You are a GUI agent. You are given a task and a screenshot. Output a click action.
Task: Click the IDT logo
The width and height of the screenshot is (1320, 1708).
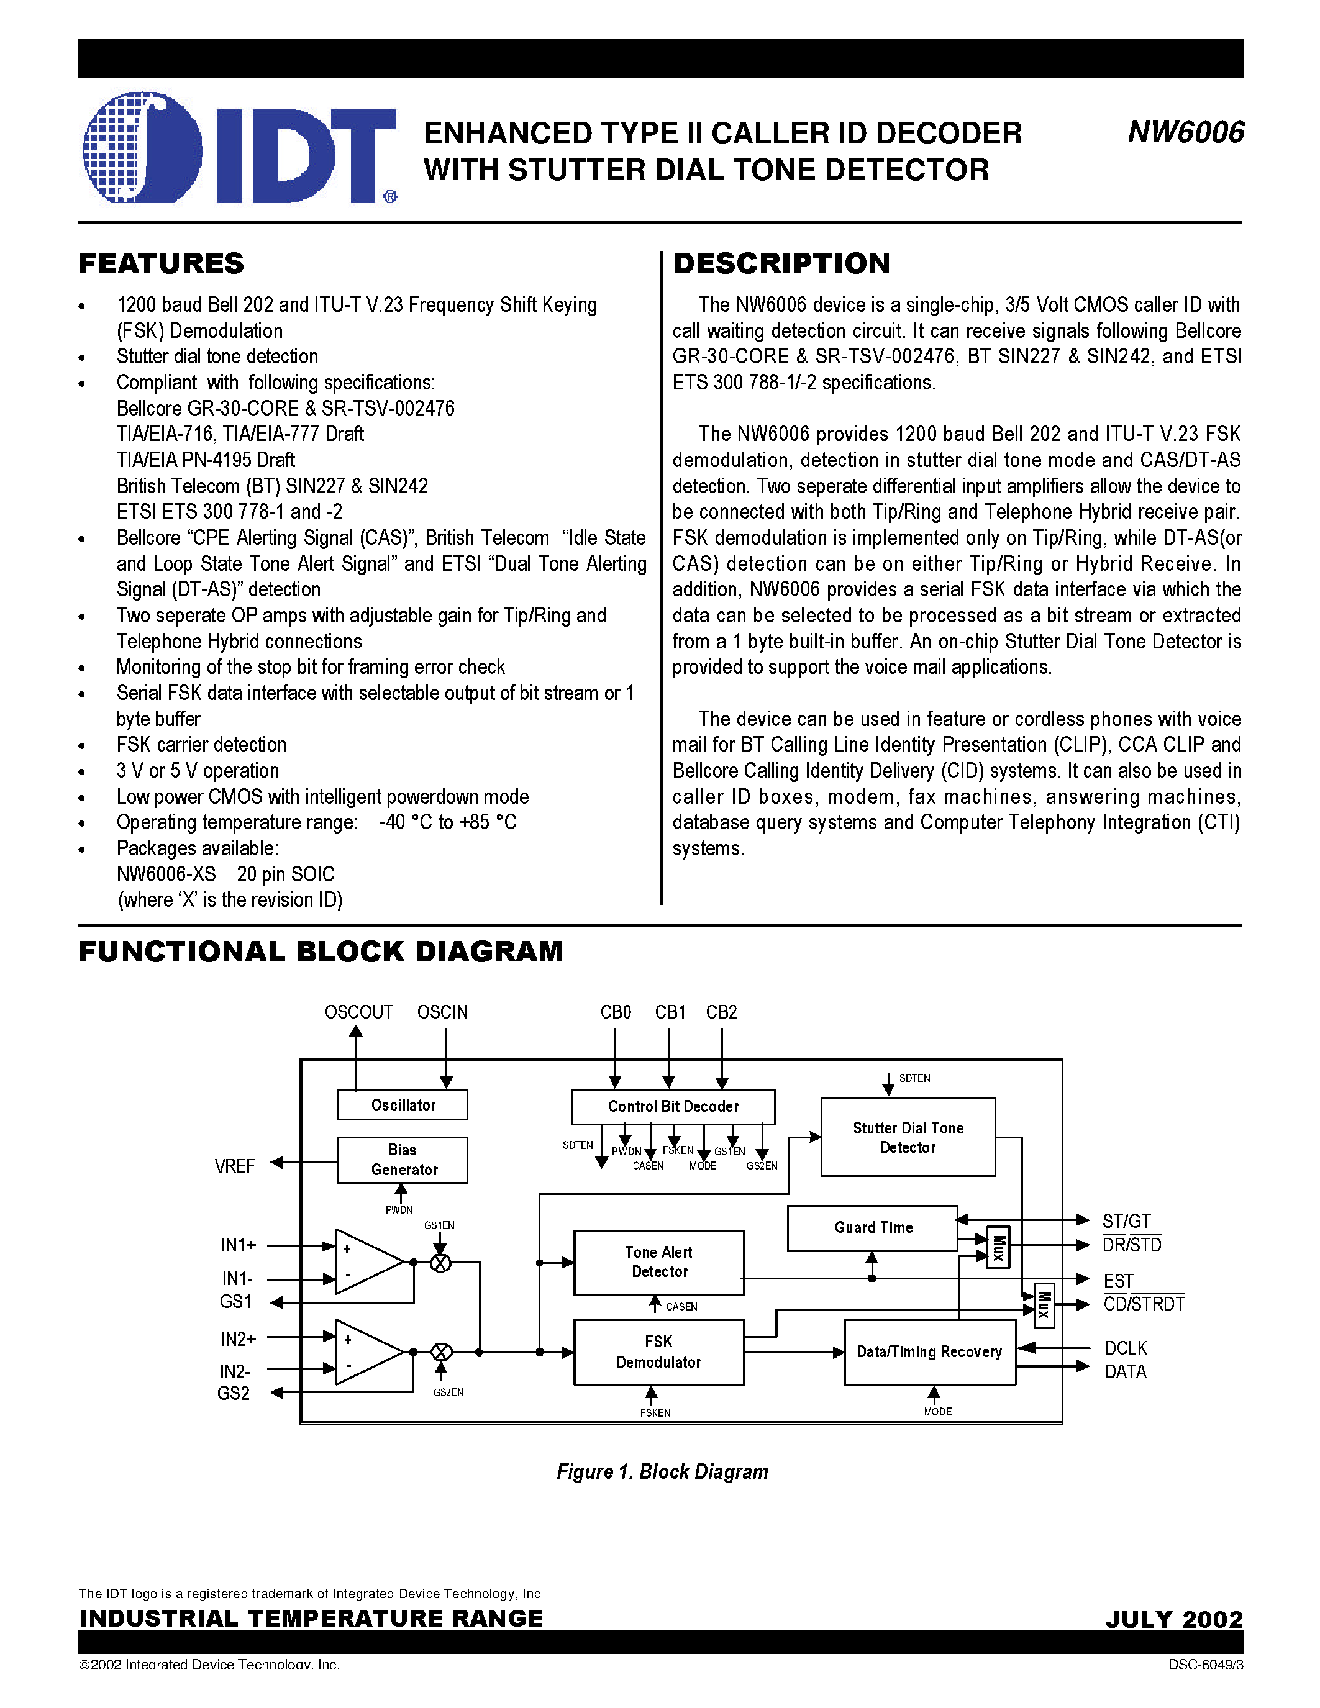pos(239,148)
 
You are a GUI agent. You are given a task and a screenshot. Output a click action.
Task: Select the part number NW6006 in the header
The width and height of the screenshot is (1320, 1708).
pos(1185,133)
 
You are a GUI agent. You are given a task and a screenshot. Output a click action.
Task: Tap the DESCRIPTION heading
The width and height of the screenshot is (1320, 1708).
pos(781,263)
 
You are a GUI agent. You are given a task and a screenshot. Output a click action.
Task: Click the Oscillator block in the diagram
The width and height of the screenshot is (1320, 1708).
pos(403,1105)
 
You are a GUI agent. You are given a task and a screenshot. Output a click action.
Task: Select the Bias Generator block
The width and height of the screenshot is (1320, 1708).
pos(403,1160)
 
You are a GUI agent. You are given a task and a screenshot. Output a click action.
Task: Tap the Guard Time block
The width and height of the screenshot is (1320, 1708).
pos(873,1228)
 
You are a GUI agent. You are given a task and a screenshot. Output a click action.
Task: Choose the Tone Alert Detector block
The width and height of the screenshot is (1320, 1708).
pos(658,1262)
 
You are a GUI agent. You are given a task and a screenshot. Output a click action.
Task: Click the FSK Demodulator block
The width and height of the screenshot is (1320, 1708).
pos(658,1351)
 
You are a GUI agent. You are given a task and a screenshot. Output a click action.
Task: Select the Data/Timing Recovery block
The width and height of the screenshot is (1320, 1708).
pos(929,1351)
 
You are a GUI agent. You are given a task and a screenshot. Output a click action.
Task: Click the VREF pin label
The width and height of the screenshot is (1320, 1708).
pos(235,1166)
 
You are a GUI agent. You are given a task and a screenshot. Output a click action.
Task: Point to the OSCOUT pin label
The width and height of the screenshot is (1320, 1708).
pos(358,1012)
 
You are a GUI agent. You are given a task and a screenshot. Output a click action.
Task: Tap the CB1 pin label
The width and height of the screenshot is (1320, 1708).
pos(670,1012)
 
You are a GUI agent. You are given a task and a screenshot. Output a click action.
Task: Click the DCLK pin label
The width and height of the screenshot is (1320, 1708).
pos(1126,1348)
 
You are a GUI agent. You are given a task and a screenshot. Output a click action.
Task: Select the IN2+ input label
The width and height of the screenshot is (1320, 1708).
pos(239,1340)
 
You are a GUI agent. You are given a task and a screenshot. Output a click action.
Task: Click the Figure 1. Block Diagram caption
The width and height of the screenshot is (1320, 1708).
pos(662,1472)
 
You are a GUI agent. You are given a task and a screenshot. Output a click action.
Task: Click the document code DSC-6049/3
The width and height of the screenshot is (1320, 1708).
pos(1205,1665)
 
